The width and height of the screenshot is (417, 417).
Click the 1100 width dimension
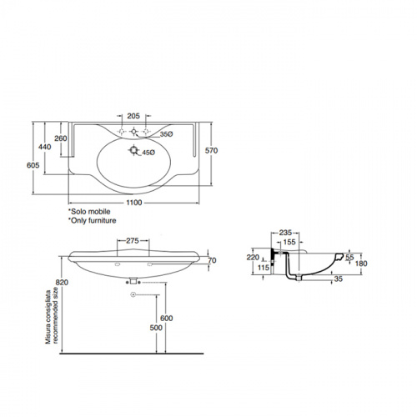click(134, 203)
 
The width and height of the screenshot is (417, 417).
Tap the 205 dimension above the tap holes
click(133, 116)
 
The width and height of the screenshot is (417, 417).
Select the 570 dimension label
click(211, 150)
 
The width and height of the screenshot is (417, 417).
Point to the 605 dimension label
click(33, 165)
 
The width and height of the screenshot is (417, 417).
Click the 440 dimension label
click(45, 147)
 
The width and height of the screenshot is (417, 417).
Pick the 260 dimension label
click(61, 138)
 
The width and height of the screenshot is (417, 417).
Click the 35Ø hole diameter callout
click(167, 134)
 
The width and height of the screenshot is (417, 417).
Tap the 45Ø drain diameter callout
click(148, 153)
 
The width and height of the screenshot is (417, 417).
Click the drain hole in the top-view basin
click(134, 150)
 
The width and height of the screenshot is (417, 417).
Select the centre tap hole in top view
click(133, 131)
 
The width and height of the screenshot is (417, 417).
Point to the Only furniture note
click(93, 220)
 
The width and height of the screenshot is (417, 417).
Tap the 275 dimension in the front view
click(133, 240)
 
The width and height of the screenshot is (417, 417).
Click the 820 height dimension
click(62, 282)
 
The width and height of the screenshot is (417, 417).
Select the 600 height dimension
click(167, 318)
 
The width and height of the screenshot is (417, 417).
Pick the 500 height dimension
click(156, 328)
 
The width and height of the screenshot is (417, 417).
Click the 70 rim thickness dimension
click(212, 260)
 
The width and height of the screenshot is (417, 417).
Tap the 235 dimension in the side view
click(285, 233)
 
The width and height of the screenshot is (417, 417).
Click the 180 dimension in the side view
click(361, 264)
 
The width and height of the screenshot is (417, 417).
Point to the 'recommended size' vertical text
click(56, 315)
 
